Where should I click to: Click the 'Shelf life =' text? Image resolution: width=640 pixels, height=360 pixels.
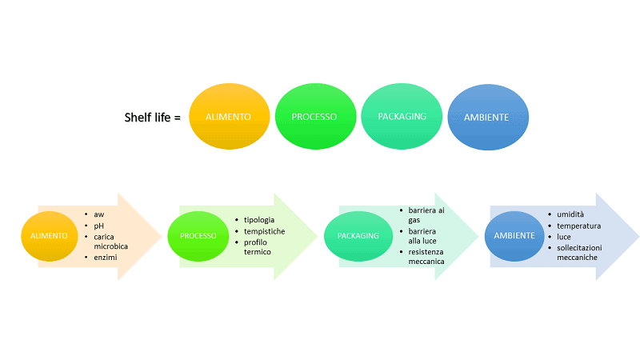153,117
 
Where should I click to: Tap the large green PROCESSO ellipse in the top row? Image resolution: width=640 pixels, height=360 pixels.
314,117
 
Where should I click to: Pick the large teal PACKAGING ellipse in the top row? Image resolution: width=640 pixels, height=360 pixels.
402,116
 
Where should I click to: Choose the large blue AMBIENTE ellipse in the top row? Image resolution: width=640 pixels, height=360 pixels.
486,117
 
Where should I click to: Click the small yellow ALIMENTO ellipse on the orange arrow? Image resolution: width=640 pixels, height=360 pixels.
50,236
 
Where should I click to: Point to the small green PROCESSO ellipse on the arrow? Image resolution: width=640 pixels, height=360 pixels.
198,236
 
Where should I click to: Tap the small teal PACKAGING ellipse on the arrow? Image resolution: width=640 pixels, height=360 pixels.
358,236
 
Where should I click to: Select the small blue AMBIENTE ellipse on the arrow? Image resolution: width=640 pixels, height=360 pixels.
514,235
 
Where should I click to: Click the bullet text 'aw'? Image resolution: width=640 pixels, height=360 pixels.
99,215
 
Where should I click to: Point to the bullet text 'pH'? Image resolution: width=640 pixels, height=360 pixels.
99,226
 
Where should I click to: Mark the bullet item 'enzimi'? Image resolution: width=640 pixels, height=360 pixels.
106,258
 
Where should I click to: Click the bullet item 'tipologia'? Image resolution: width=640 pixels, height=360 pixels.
259,219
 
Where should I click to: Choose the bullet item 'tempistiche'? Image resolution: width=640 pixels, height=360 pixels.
264,230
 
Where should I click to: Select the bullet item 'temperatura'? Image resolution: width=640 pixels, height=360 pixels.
578,226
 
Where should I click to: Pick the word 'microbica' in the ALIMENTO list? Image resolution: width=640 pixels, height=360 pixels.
111,246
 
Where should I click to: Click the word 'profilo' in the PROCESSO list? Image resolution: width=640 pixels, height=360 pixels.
257,242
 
